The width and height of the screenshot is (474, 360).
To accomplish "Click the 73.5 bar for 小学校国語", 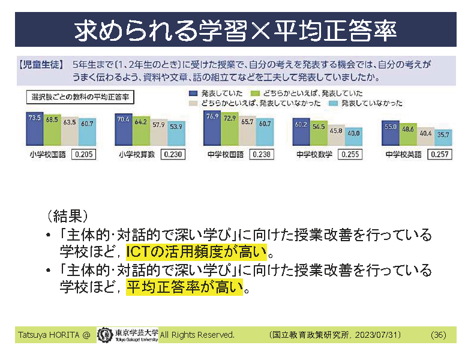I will point(34,128).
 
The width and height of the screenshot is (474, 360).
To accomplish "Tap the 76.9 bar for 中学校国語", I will point(212,127).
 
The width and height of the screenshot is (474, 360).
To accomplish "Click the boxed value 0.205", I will point(83,154).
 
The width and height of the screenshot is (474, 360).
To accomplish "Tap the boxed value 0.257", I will point(440,154).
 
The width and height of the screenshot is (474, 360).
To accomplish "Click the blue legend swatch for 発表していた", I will point(193,94).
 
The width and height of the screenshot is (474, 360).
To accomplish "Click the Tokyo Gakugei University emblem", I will point(104,334).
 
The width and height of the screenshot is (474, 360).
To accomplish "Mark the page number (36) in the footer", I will point(438,335).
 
